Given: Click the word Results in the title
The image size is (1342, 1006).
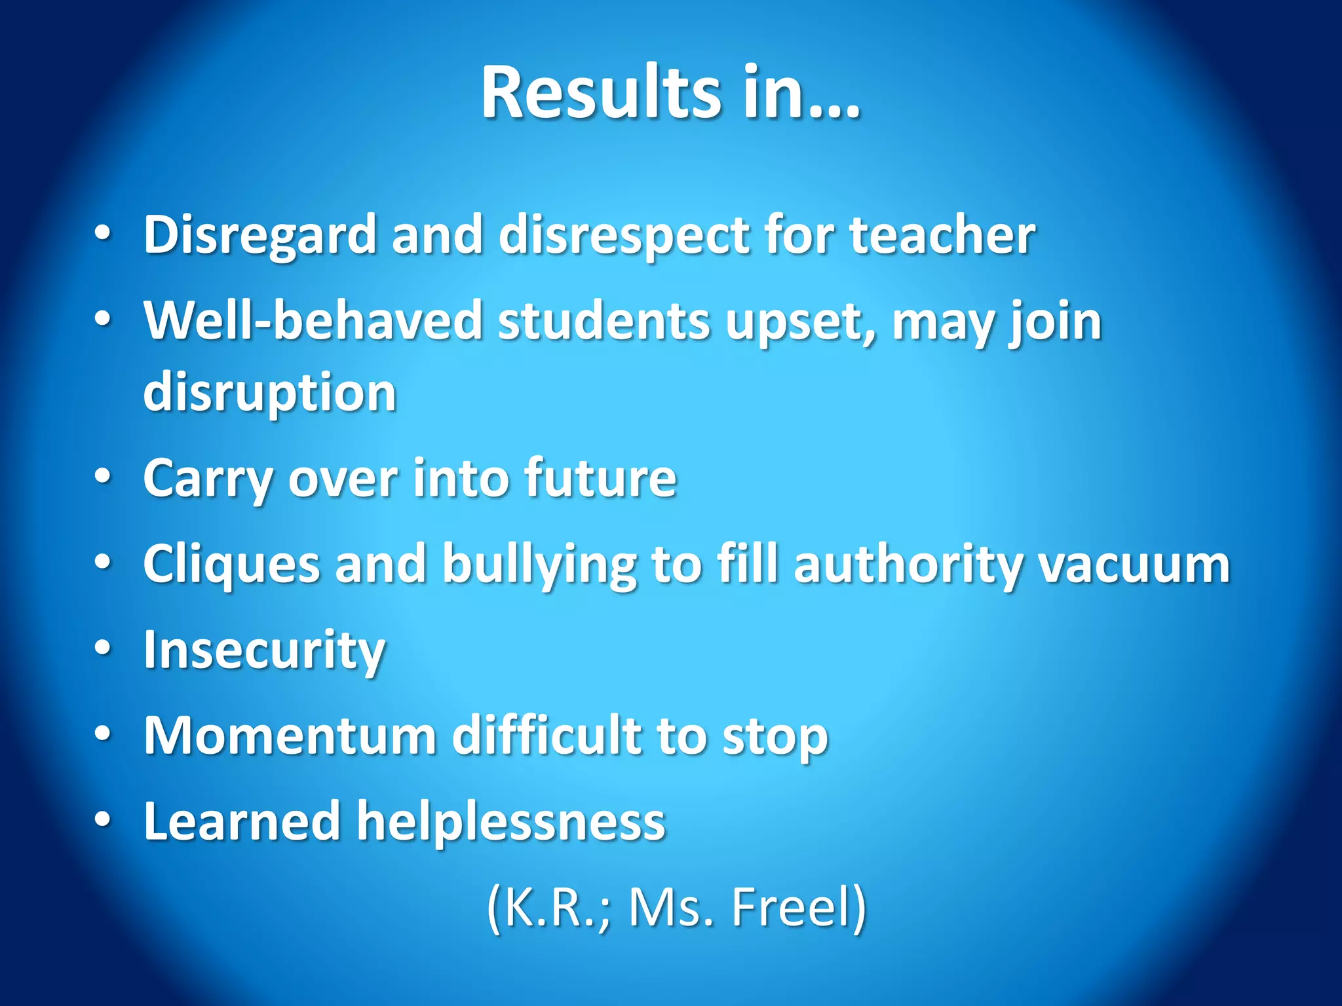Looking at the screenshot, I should point(601,92).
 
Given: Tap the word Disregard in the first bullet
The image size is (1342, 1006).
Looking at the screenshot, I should point(259,234).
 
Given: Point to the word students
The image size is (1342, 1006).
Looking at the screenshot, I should point(604,321).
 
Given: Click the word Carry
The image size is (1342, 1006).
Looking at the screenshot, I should point(208,479).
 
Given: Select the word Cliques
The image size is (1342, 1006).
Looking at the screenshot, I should point(231,564).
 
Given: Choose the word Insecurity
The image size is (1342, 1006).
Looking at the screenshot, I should point(264,650).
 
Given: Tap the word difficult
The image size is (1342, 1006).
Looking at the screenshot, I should point(548,736).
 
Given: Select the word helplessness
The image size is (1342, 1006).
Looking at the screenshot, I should point(510,821).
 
